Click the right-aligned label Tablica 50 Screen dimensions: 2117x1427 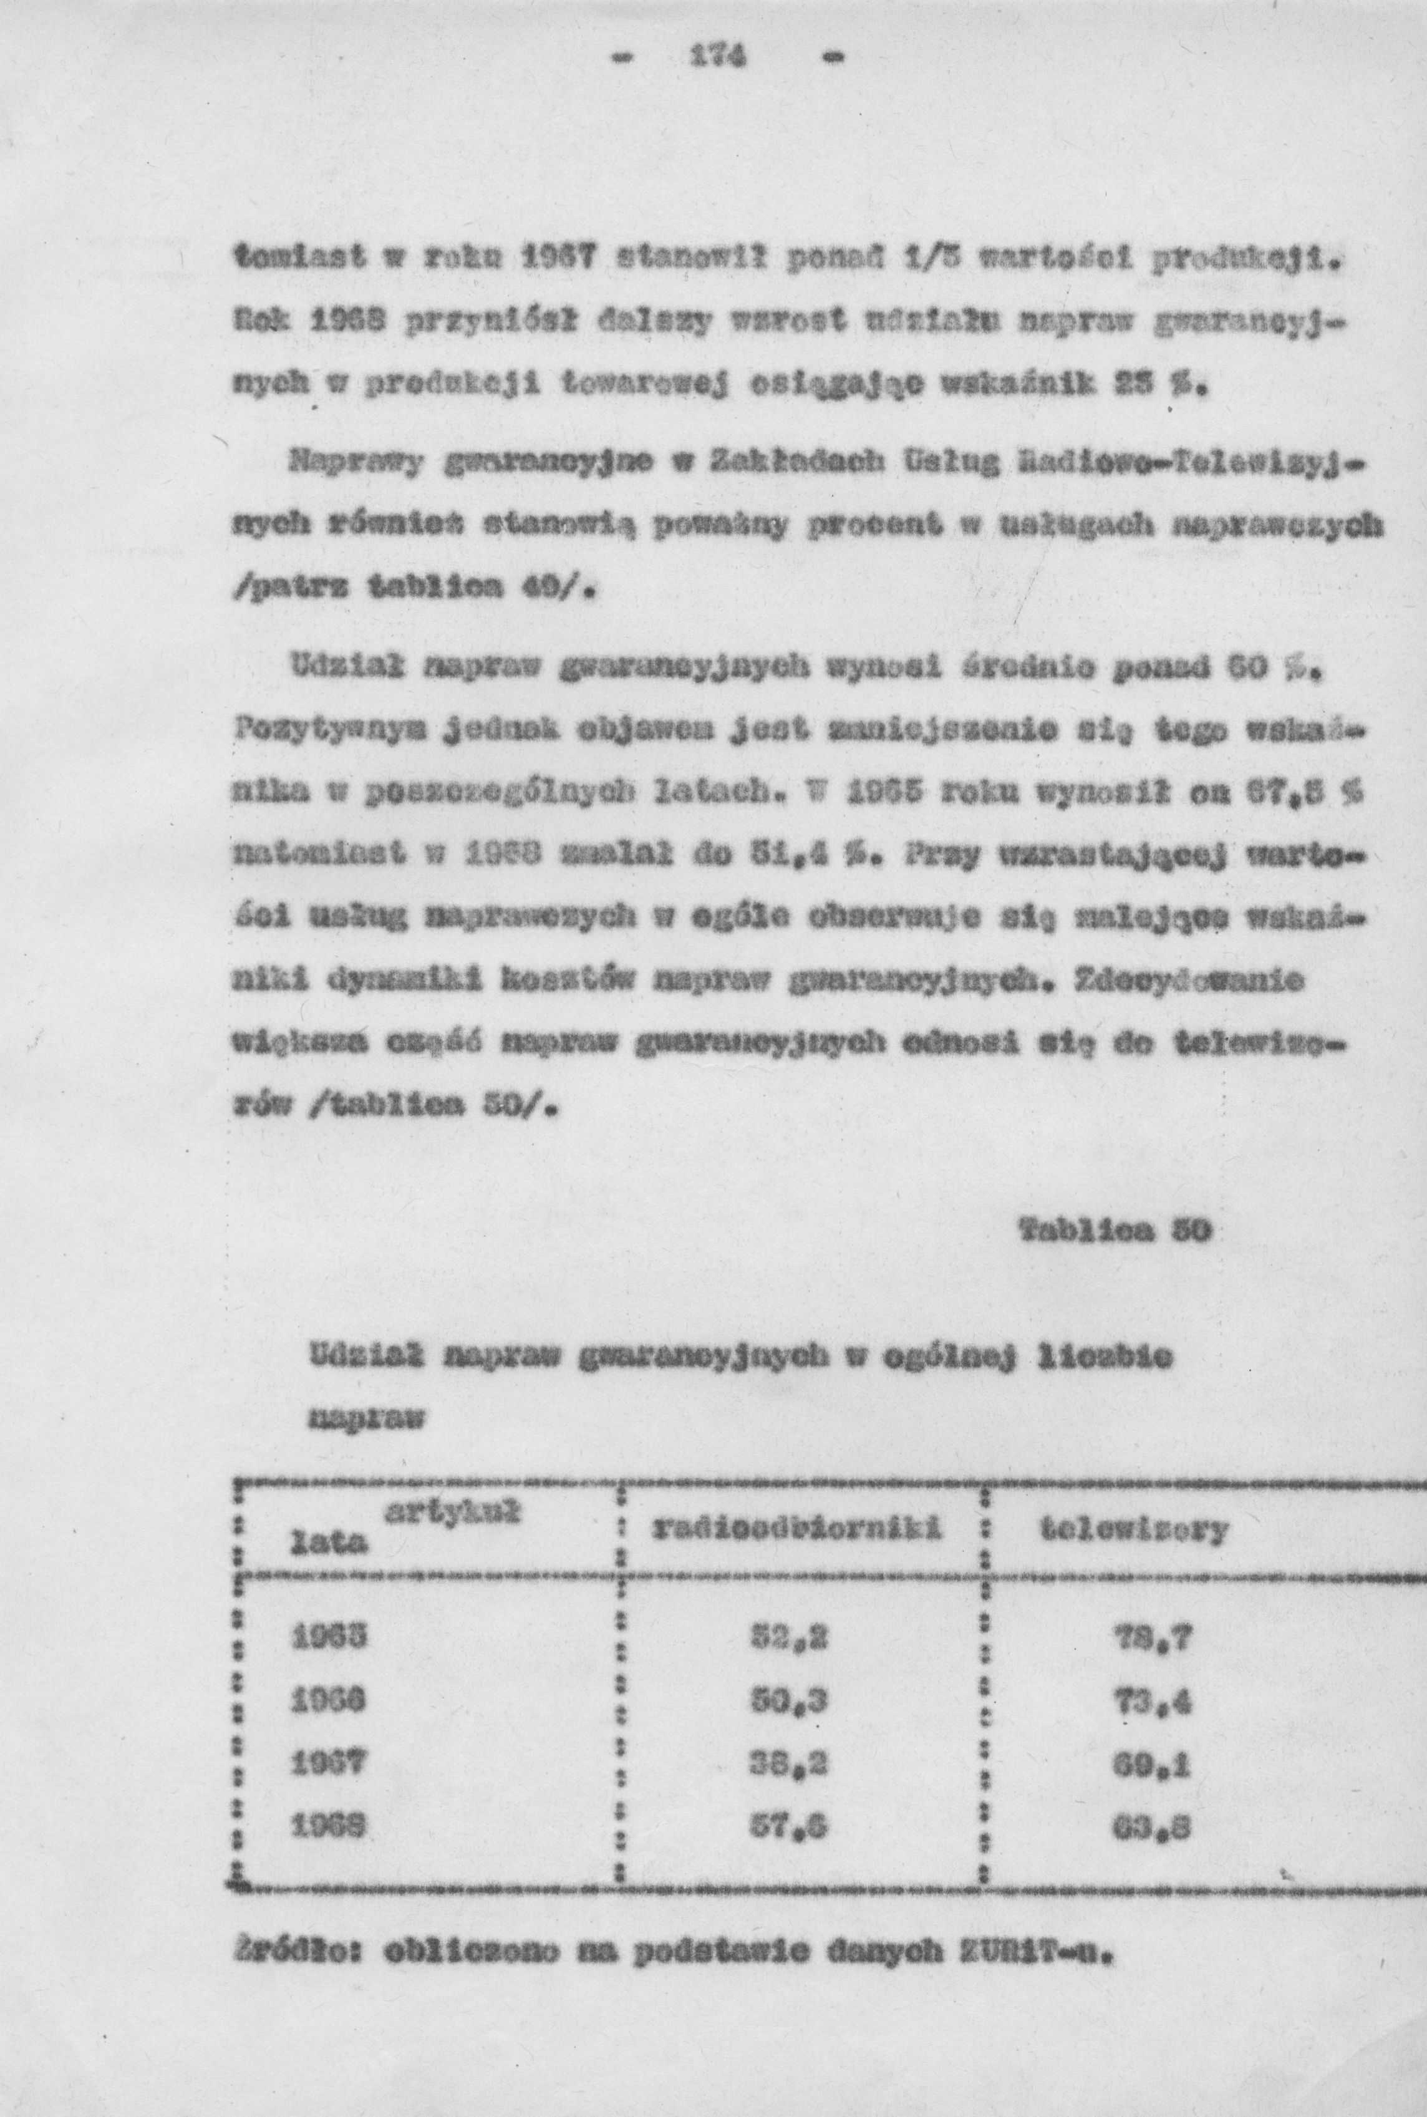tap(1111, 1231)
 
